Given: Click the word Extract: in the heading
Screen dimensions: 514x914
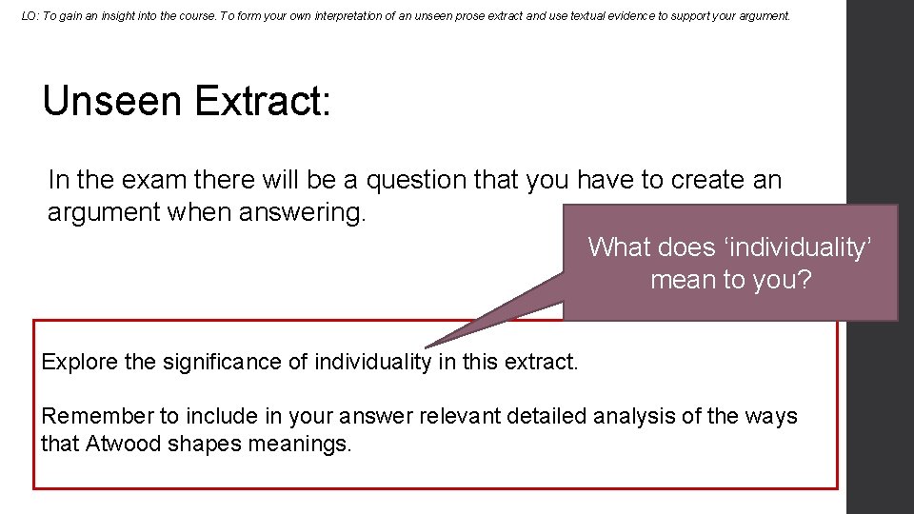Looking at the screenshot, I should (263, 101).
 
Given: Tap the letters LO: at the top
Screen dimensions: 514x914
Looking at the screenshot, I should (30, 16).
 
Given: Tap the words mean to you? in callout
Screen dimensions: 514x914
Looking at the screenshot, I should (730, 280).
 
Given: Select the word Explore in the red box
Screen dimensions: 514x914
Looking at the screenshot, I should (81, 362).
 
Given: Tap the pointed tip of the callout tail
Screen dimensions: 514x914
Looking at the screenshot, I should (427, 346).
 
